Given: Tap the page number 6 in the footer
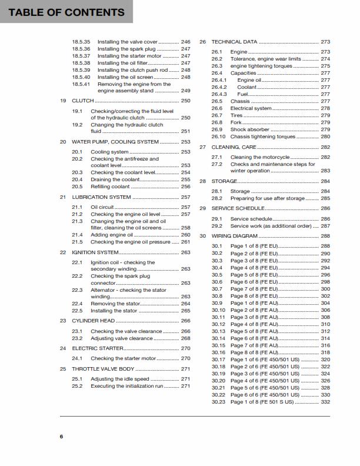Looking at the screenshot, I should pyautogui.click(x=61, y=435).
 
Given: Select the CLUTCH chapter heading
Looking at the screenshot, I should pyautogui.click(x=82, y=101).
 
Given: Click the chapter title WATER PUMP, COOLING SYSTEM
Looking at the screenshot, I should pyautogui.click(x=115, y=142).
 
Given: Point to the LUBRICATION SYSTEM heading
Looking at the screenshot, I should pyautogui.click(x=101, y=197).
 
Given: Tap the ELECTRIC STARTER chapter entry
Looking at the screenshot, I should pyautogui.click(x=98, y=348).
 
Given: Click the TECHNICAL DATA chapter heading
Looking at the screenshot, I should pyautogui.click(x=234, y=42).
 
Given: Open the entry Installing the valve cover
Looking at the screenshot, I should pyautogui.click(x=128, y=42).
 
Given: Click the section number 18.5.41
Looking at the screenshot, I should pyautogui.click(x=81, y=84).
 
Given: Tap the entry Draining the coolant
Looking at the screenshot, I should pyautogui.click(x=115, y=179).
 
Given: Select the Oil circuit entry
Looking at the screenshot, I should pyautogui.click(x=101, y=208).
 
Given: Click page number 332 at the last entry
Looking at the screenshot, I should pyautogui.click(x=325, y=402).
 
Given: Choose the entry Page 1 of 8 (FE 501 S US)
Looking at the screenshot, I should pyautogui.click(x=261, y=402).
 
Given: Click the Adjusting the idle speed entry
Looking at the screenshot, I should pyautogui.click(x=120, y=379).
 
